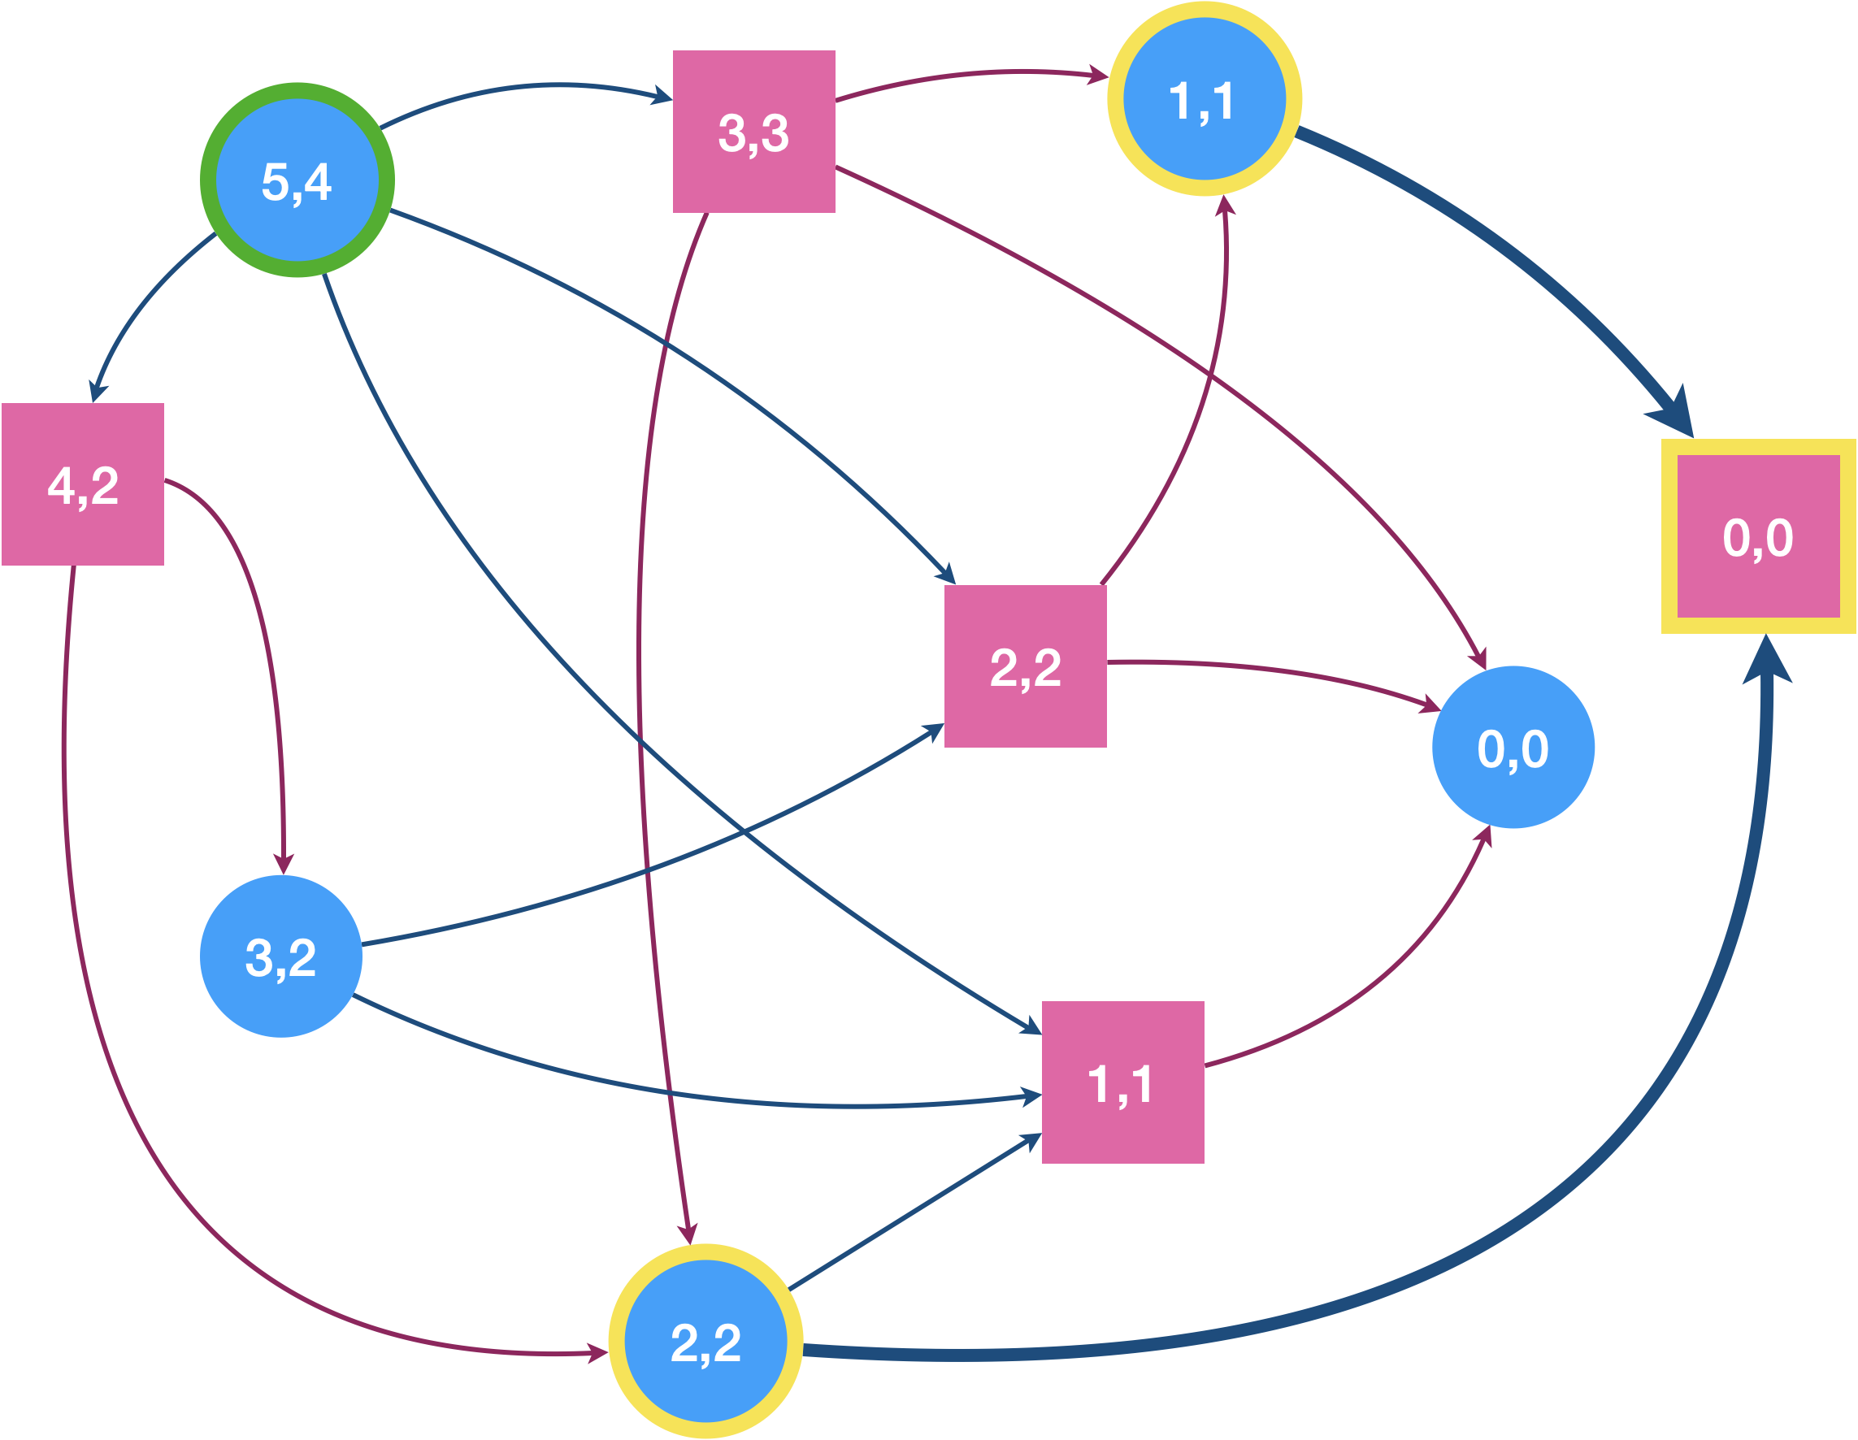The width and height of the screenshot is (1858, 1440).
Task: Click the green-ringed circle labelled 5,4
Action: [297, 180]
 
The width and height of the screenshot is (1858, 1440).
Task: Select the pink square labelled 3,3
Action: [753, 132]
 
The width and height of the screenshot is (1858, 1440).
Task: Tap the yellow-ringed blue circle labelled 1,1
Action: [1204, 99]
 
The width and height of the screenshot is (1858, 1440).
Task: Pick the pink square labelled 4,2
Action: [83, 484]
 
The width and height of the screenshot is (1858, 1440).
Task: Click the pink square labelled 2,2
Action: [1025, 666]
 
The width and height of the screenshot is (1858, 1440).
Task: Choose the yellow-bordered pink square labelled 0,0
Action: [1757, 536]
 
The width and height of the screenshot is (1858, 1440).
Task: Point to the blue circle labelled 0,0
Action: [1513, 747]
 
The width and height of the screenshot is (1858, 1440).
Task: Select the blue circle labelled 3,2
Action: [280, 956]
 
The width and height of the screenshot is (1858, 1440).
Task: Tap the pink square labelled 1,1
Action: [1122, 1082]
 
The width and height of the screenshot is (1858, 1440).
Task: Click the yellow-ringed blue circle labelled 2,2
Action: [705, 1342]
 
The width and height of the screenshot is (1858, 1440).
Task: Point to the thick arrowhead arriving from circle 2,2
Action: [1766, 658]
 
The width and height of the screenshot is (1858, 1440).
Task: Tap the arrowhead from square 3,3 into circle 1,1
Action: [1098, 77]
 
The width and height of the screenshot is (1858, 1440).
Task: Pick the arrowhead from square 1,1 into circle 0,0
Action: [1483, 835]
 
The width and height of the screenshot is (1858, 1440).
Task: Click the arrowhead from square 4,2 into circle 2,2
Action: [598, 1352]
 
